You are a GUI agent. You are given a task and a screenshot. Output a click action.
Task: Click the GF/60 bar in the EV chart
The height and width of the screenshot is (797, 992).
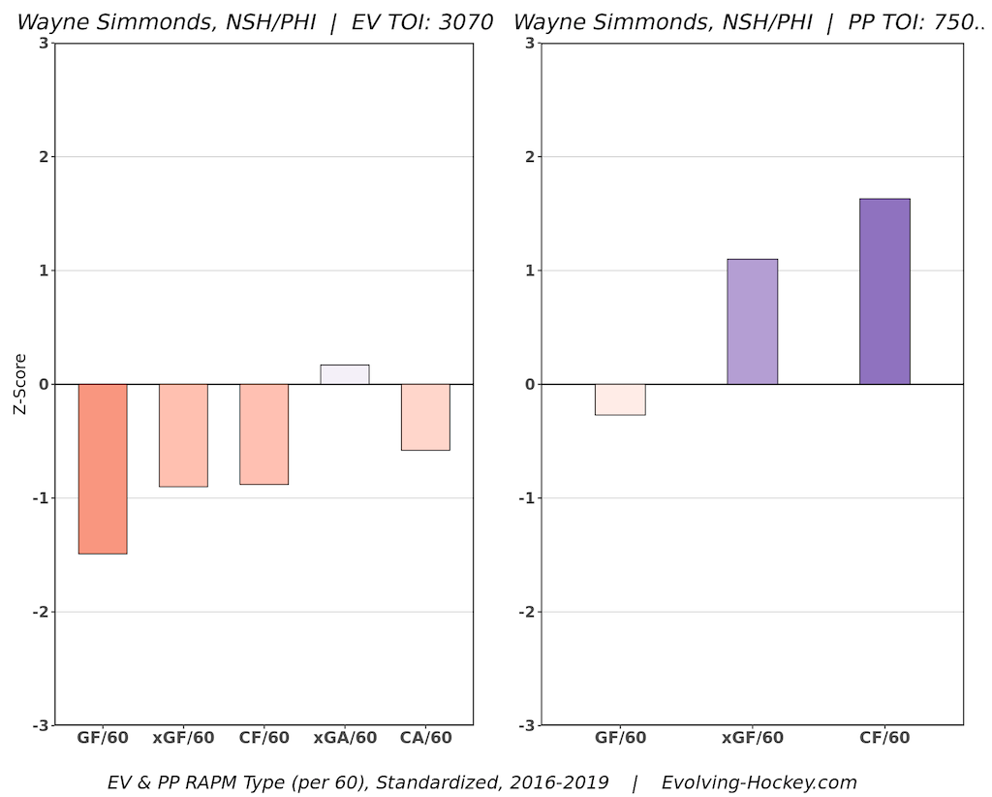click(x=103, y=468)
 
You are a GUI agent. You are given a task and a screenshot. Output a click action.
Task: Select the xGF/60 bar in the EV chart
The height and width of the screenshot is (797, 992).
click(x=183, y=435)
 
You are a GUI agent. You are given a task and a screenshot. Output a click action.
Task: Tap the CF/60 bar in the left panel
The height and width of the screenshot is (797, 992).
click(x=263, y=433)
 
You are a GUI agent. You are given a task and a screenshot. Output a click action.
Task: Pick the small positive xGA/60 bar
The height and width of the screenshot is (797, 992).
click(x=345, y=374)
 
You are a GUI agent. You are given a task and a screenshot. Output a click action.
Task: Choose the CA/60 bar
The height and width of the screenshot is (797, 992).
click(x=425, y=417)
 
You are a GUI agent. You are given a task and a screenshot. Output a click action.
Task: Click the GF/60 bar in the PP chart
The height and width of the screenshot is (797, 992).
click(x=620, y=399)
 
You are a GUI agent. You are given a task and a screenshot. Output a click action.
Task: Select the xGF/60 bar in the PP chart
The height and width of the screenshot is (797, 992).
click(x=753, y=322)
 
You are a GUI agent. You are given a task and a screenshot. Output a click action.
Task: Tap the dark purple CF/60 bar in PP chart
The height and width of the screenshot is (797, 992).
click(x=884, y=291)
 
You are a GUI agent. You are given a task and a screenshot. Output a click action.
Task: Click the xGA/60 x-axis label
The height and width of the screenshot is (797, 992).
click(x=345, y=738)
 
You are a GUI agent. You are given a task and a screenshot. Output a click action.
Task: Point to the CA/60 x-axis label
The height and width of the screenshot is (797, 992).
click(x=425, y=738)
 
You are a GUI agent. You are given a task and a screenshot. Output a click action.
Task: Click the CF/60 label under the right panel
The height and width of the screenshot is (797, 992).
click(x=884, y=738)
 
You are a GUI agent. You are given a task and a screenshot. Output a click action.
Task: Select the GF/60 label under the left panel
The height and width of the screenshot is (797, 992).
click(x=103, y=738)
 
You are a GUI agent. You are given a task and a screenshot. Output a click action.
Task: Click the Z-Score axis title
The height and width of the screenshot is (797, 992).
click(x=19, y=384)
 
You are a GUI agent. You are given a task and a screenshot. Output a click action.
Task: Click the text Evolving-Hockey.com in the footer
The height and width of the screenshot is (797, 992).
click(x=759, y=781)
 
